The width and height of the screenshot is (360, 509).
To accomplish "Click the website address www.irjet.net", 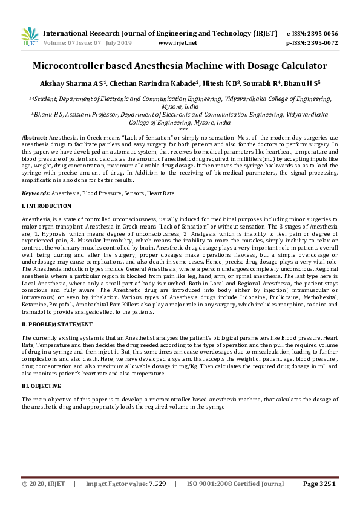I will [177, 43].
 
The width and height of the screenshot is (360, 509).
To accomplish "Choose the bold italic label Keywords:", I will [36, 193].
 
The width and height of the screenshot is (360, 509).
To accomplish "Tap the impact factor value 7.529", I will [157, 484].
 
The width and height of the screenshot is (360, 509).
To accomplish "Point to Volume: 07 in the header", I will [59, 43].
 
